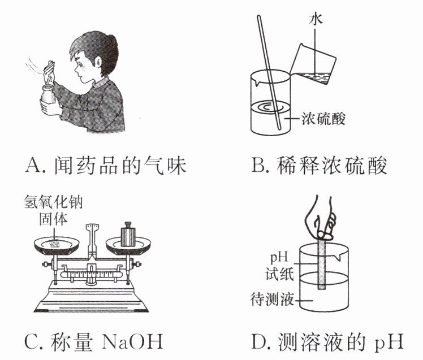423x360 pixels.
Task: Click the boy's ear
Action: tap(98, 63)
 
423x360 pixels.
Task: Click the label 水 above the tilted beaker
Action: tap(316, 20)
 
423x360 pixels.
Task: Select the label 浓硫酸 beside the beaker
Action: tap(323, 119)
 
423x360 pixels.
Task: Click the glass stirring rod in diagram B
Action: tap(269, 72)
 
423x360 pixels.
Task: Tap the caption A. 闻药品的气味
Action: tap(106, 166)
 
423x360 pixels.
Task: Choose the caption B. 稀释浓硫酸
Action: tap(320, 165)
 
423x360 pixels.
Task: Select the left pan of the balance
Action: tap(57, 245)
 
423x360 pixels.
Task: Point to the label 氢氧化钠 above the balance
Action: tap(53, 202)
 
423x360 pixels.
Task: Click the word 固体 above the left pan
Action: tap(53, 219)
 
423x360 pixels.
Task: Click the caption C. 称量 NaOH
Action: tap(94, 342)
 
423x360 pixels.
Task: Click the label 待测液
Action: tap(272, 300)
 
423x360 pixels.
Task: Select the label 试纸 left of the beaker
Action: tap(279, 275)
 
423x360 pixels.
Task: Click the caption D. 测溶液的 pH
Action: tap(327, 342)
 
